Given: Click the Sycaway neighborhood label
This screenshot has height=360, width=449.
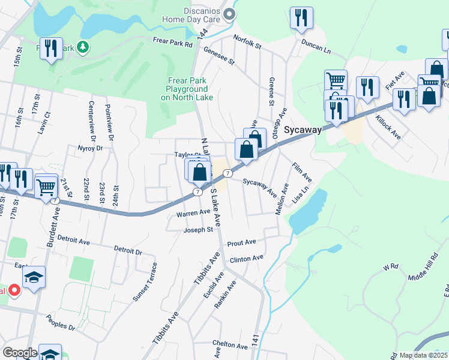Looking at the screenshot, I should click(x=303, y=130).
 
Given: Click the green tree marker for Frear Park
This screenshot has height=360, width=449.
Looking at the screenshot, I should click(x=82, y=46).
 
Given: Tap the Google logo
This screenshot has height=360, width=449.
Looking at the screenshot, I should click(x=20, y=353).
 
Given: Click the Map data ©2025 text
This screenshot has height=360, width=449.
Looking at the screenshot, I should click(x=423, y=355).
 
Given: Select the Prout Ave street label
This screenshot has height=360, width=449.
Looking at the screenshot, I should click(x=241, y=242).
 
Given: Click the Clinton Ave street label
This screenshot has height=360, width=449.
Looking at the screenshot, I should click(x=246, y=258).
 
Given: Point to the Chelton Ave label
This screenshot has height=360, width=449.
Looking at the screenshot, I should click(x=234, y=346).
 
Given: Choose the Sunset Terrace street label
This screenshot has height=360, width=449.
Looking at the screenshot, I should click(x=145, y=281).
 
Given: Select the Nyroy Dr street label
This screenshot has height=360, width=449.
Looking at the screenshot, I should click(x=91, y=148).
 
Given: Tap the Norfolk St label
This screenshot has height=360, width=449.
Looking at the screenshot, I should click(x=248, y=44).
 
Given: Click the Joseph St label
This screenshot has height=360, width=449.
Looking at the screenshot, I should click(x=198, y=229).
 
